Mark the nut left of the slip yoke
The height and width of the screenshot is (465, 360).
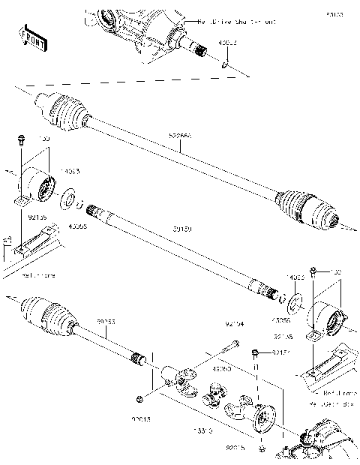[x=139, y=397]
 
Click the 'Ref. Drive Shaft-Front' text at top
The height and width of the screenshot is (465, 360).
[x=225, y=22]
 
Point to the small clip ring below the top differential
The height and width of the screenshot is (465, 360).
[x=224, y=66]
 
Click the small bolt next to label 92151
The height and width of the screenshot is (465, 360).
[x=256, y=353]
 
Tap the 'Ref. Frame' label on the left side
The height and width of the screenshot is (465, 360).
[x=38, y=276]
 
